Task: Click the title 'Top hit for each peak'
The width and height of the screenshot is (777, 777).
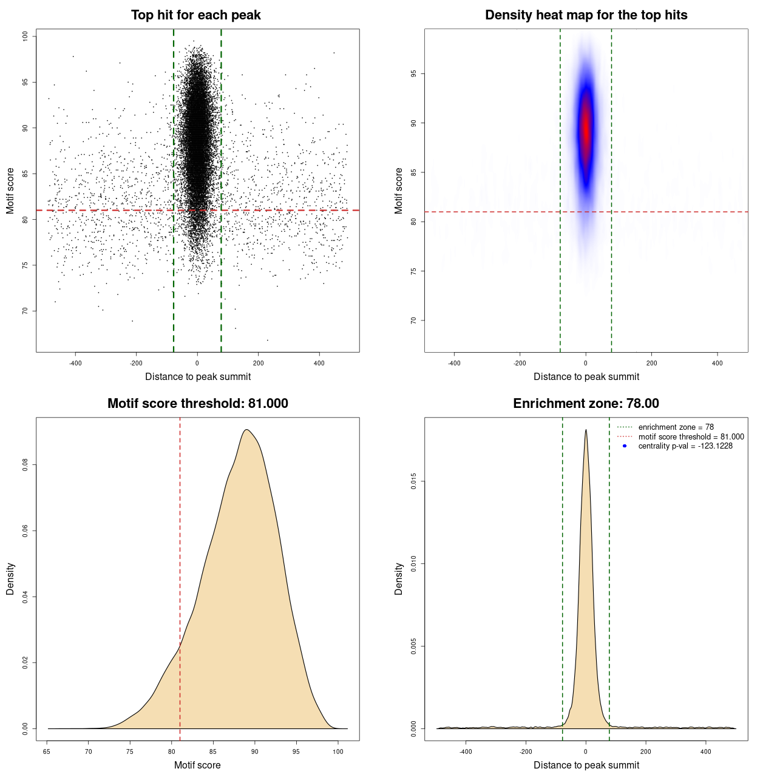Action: point(195,15)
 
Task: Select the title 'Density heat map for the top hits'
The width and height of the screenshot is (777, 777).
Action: point(586,15)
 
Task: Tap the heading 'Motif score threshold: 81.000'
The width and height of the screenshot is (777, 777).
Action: point(197,404)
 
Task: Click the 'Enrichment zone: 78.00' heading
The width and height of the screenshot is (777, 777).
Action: point(586,404)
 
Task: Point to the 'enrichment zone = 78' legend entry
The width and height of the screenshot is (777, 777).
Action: point(676,427)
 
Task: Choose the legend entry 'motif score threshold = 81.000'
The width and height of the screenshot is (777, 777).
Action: point(691,436)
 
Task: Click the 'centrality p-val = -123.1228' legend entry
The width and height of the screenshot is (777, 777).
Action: point(685,446)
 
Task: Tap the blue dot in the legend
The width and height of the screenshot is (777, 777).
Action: point(625,446)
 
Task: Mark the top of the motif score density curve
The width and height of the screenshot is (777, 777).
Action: point(246,430)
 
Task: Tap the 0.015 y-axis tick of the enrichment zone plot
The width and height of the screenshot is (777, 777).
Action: point(413,482)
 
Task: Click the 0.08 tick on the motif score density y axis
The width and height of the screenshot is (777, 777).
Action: point(25,465)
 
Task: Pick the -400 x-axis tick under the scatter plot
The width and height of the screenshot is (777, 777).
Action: point(75,363)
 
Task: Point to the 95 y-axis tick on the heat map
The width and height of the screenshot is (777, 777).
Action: point(413,74)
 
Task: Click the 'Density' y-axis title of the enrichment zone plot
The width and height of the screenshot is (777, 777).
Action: point(399,579)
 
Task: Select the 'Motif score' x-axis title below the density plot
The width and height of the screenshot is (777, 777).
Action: point(197,765)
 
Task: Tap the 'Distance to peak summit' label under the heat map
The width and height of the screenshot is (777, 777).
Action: point(586,376)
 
